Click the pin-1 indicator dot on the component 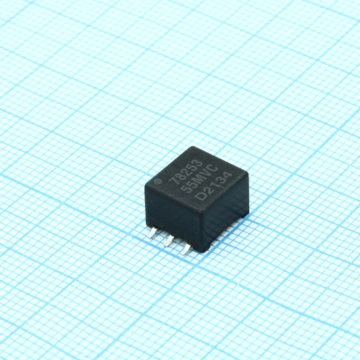coord(157,181)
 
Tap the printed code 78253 coord(186,171)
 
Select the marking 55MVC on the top coord(201,179)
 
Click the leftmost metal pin coord(152,232)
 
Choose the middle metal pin coord(168,240)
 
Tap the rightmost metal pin coord(184,249)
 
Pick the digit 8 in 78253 coord(180,175)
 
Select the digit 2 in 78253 coord(186,171)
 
